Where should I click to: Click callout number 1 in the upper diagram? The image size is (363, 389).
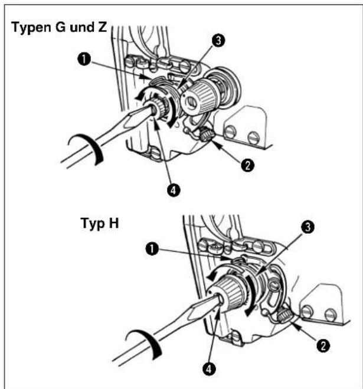pos(84,60)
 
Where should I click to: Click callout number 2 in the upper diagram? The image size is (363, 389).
pos(247,165)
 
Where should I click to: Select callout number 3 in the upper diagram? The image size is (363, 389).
pos(218,41)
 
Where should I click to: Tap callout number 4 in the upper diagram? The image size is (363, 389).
pos(174,190)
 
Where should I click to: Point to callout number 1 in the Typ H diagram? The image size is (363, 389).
pos(152,249)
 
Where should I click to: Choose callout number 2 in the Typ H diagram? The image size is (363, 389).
pos(323,345)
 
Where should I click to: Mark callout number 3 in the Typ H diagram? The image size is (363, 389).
pos(308,227)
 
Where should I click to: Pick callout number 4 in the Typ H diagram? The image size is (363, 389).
pos(209,369)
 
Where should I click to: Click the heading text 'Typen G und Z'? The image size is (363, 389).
pos(59,27)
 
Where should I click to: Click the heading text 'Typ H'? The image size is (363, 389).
pos(100,223)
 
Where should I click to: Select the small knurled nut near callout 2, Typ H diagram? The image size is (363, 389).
pos(284,316)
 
